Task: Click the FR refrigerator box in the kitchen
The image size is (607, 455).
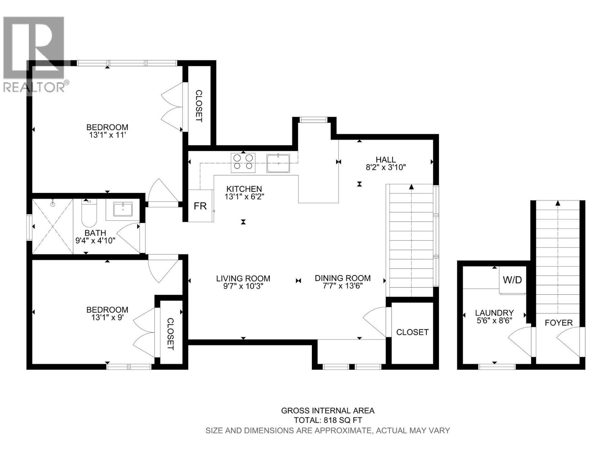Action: point(200,206)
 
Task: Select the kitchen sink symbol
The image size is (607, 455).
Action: point(278,163)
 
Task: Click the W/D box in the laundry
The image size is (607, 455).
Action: point(512,280)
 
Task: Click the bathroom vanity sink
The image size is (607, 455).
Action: point(123,209)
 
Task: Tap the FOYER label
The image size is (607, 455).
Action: point(558,323)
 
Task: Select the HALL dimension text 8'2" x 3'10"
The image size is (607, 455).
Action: point(386,168)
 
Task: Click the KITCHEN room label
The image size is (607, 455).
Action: point(244,189)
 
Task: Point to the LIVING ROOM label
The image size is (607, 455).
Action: point(243,278)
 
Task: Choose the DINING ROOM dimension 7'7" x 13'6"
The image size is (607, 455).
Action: point(343,286)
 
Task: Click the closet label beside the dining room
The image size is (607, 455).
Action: point(412,332)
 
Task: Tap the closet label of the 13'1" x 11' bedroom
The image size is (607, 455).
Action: point(199,106)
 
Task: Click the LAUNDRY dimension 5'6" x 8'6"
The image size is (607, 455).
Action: point(494,320)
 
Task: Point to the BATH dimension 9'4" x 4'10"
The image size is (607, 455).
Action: point(95,240)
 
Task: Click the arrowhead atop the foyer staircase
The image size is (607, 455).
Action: point(557,204)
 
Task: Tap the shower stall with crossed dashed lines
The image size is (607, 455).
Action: point(52,226)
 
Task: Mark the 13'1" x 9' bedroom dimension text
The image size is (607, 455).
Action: point(107,317)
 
